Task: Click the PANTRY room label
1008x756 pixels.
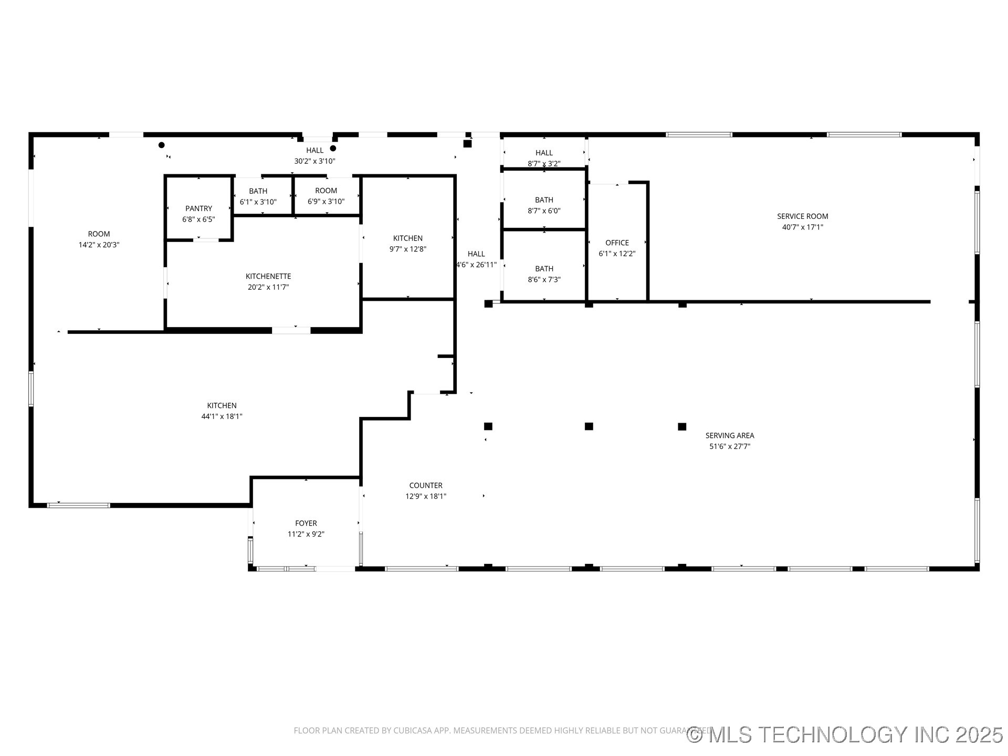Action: [x=198, y=208]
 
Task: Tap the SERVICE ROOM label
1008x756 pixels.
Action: [x=802, y=216]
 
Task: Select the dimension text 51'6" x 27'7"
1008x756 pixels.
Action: [x=730, y=447]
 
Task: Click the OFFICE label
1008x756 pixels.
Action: [x=617, y=243]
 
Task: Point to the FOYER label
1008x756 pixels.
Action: [x=306, y=523]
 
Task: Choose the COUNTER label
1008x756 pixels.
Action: [x=426, y=486]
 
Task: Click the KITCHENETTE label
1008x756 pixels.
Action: [x=268, y=276]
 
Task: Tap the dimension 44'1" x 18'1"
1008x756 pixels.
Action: [x=222, y=417]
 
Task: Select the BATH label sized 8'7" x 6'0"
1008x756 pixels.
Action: [x=544, y=200]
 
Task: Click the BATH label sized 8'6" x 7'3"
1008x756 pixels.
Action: [x=544, y=269]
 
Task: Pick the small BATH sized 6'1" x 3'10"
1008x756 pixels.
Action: [x=258, y=191]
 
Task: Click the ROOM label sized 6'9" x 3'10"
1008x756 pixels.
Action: [x=326, y=191]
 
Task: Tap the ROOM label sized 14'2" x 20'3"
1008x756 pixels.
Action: [x=99, y=234]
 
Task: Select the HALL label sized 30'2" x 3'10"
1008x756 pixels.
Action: [x=314, y=151]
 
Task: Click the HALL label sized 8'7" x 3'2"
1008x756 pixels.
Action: [x=544, y=153]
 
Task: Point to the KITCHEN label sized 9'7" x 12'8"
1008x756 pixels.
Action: [x=407, y=238]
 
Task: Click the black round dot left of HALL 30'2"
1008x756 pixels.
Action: [x=162, y=145]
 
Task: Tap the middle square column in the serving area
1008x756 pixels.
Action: [x=589, y=426]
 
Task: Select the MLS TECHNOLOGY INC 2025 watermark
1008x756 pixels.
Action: [x=845, y=734]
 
